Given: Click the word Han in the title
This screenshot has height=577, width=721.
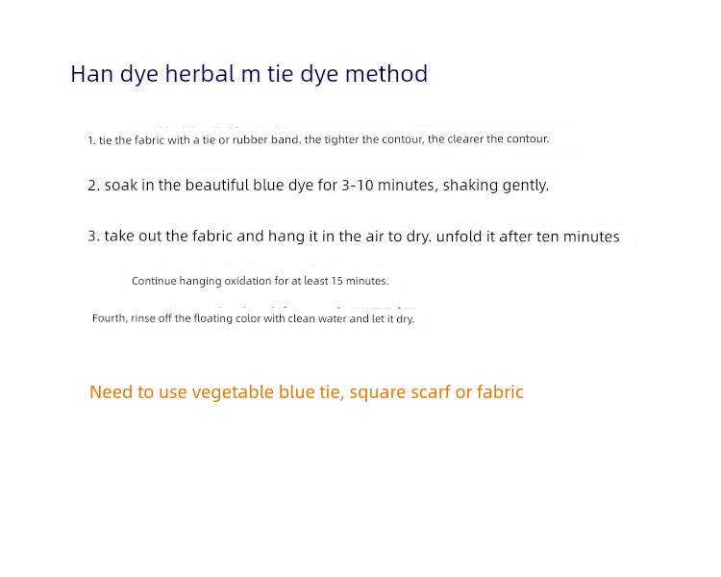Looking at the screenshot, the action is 92,74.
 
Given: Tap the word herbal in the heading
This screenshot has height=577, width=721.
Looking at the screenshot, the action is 200,74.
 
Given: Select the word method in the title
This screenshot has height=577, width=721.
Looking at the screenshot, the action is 386,74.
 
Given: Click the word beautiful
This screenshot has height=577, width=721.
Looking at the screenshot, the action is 217,185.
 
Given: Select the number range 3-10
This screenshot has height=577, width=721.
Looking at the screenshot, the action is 358,185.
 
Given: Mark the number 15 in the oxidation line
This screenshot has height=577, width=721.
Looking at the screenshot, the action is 337,281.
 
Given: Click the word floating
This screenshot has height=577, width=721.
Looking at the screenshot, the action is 212,318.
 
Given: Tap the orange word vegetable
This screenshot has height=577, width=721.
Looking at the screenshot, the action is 233,392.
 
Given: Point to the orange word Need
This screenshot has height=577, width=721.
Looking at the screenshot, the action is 111,392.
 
